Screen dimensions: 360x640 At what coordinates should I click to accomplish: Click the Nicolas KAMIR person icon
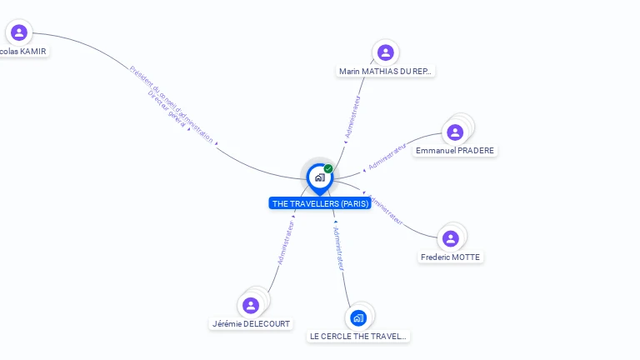click(x=19, y=33)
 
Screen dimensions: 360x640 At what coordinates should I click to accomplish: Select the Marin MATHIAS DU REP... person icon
click(x=385, y=53)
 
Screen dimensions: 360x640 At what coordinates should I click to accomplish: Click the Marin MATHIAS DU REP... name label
click(x=385, y=72)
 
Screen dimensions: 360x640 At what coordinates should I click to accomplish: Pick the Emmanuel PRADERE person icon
click(x=455, y=132)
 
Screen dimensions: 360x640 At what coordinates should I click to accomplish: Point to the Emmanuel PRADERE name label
click(x=455, y=151)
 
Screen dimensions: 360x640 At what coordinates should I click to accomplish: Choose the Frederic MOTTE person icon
click(x=451, y=239)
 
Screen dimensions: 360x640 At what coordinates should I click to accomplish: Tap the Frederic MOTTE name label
click(x=451, y=257)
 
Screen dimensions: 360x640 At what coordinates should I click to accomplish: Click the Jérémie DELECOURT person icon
click(x=251, y=305)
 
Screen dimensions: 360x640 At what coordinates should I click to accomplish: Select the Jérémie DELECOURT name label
click(x=251, y=323)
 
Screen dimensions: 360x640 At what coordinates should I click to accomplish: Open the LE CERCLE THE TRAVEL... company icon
click(x=358, y=317)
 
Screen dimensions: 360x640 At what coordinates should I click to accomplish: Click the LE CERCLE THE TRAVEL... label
click(x=358, y=337)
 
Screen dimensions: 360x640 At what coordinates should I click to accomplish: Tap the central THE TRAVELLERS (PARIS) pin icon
click(x=319, y=177)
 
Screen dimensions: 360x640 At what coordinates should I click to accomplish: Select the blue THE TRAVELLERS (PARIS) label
click(x=319, y=203)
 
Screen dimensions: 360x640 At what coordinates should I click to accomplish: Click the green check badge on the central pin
click(x=328, y=169)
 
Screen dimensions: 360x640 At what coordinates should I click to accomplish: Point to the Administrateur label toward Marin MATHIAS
click(x=353, y=117)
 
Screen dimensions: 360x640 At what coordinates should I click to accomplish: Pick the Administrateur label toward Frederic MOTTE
click(x=386, y=210)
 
